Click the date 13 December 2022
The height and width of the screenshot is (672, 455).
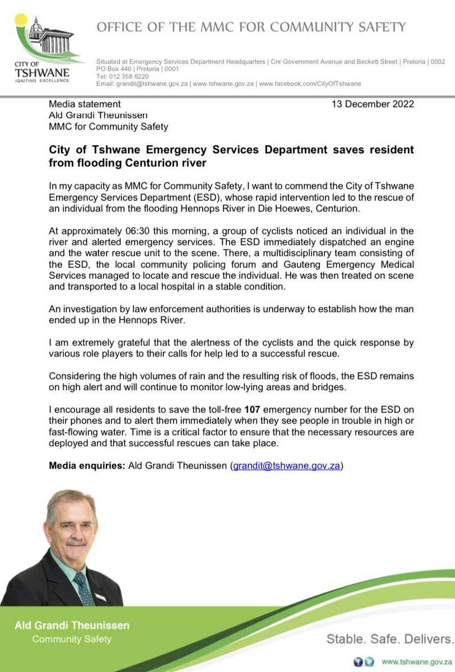click(372, 104)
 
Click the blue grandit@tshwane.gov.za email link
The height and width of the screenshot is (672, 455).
click(286, 466)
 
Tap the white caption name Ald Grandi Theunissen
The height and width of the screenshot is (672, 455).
click(72, 626)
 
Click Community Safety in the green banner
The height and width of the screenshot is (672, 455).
click(72, 639)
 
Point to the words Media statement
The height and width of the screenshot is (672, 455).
click(85, 104)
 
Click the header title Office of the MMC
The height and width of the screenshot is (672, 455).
click(251, 27)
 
